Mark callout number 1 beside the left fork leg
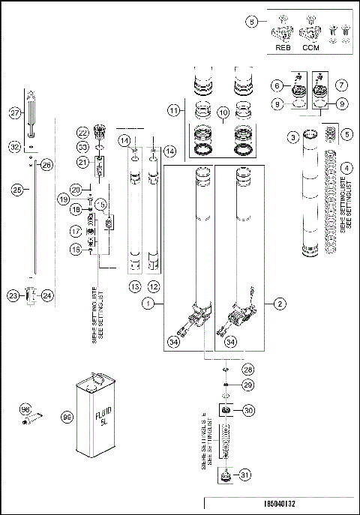[x=150, y=304]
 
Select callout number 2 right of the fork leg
[x=279, y=304]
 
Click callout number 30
[x=249, y=409]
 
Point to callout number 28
[x=248, y=370]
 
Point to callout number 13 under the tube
[x=135, y=287]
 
